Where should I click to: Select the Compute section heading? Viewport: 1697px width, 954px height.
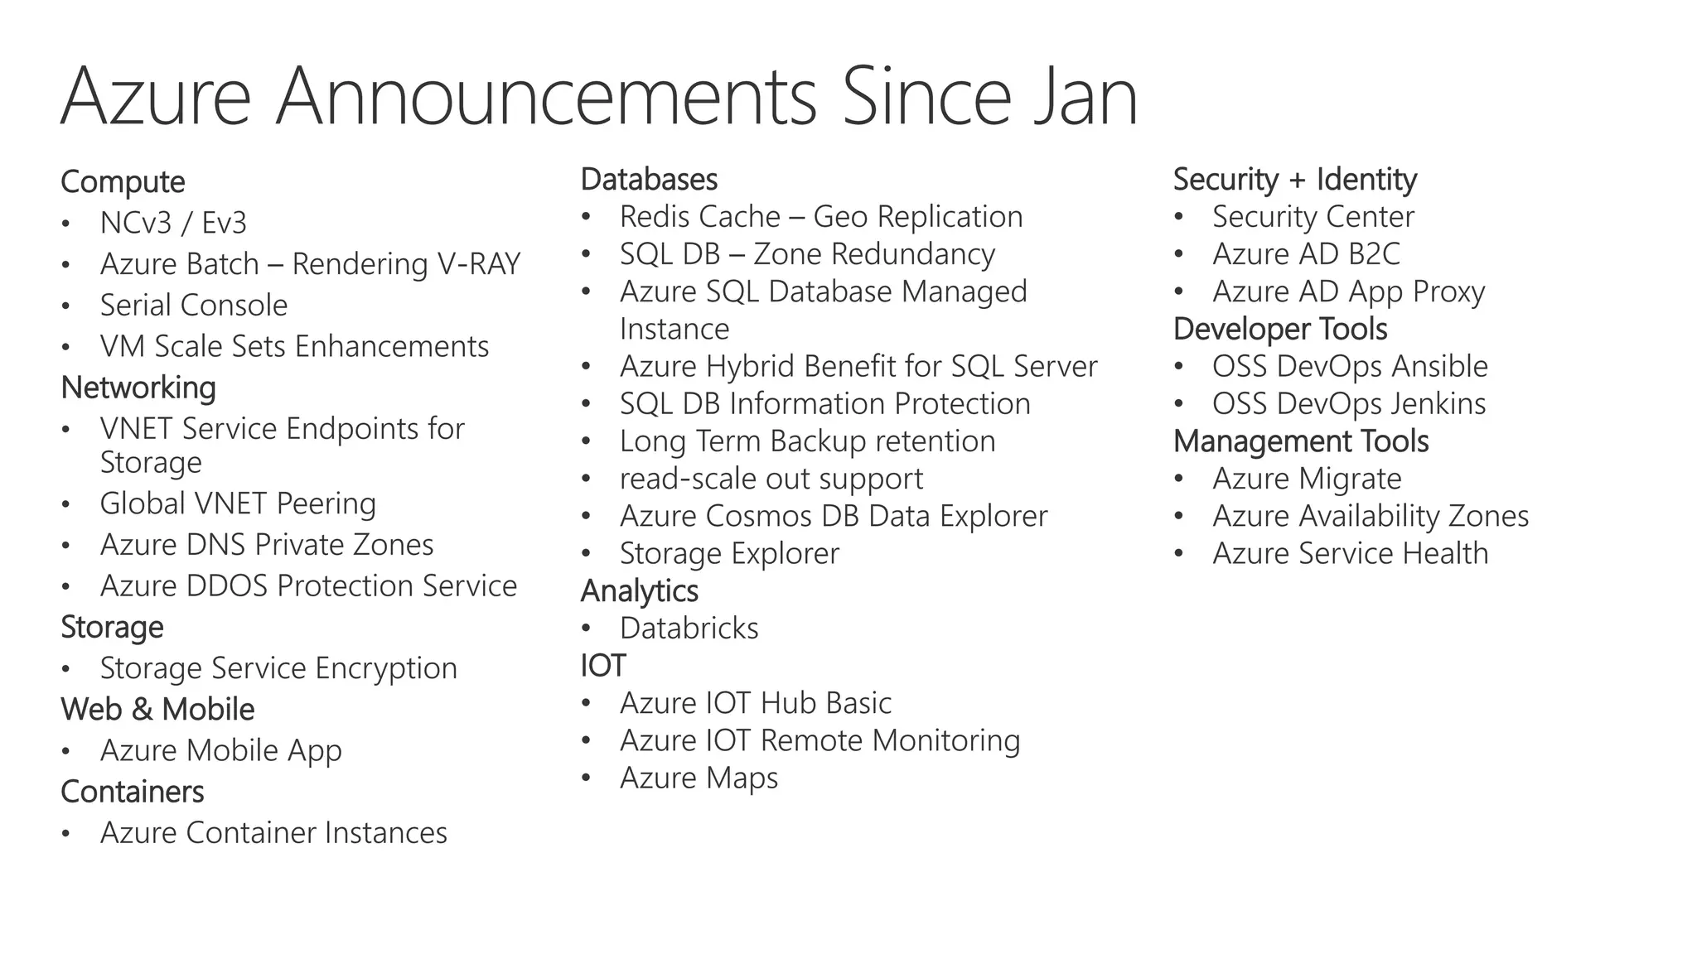coord(123,182)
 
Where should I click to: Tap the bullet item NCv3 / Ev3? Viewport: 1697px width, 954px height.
coord(173,223)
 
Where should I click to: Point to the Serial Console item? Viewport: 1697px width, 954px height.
coord(194,306)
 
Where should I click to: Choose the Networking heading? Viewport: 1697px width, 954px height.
coord(138,388)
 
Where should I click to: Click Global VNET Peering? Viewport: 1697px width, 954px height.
coord(238,503)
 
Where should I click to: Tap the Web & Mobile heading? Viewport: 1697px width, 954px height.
coord(157,710)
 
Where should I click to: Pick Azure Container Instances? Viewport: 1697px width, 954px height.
coord(273,833)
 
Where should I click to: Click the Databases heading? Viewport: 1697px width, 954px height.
coord(649,180)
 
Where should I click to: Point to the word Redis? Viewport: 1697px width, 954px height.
coord(659,217)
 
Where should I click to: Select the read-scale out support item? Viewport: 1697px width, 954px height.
coord(771,479)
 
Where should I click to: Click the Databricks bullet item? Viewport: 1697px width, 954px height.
coord(689,629)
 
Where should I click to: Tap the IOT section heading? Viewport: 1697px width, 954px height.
coord(602,666)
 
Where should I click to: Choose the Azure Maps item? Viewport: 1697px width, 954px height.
coord(699,778)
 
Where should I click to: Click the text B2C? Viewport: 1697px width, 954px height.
coord(1373,254)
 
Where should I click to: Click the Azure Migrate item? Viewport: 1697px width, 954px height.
coord(1307,479)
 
